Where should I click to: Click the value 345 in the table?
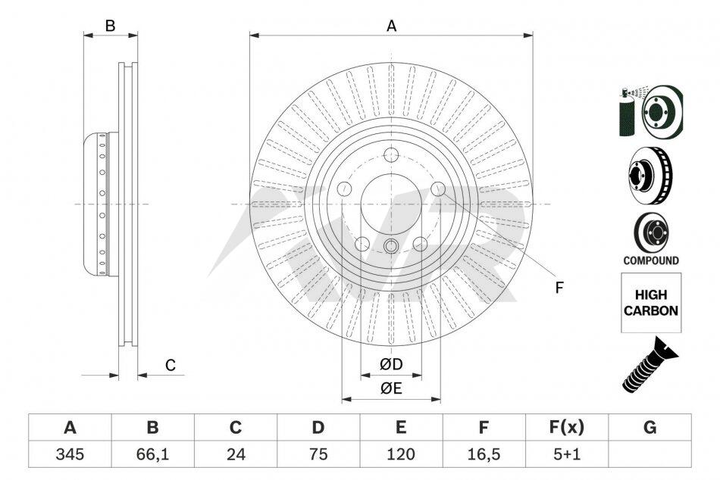70,454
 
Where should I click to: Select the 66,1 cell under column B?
152,454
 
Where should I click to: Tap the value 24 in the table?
236,454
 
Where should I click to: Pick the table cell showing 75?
318,454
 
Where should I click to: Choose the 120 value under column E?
401,454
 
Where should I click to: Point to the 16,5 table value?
484,454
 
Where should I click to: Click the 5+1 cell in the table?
567,454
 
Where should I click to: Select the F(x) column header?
567,428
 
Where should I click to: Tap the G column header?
650,428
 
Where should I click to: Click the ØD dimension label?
391,364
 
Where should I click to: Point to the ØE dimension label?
391,388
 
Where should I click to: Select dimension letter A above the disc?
391,26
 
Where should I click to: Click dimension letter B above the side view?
110,26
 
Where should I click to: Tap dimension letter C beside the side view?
171,366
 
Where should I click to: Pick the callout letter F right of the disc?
559,288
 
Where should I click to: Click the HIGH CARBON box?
651,303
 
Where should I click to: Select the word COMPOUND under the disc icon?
651,260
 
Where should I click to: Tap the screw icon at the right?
650,364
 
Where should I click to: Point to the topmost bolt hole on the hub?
391,155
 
